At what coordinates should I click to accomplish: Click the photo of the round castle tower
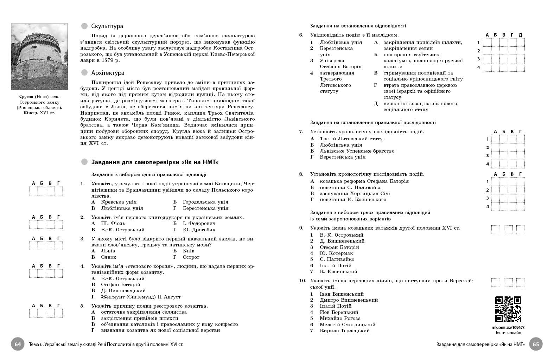click(39, 57)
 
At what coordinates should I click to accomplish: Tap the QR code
click(508, 309)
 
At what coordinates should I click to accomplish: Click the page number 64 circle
click(18, 344)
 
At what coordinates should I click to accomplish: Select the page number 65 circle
click(536, 344)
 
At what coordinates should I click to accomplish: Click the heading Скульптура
click(107, 26)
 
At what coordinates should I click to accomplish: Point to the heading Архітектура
click(108, 73)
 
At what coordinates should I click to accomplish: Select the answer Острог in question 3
click(191, 257)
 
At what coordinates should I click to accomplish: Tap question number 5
click(82, 306)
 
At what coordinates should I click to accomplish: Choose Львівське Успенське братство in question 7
click(357, 151)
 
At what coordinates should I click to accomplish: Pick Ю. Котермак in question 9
click(336, 253)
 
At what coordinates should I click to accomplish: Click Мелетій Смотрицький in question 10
click(347, 324)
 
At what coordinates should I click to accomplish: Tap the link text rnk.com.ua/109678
click(508, 327)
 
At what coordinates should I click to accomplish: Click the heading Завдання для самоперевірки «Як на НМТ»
click(155, 162)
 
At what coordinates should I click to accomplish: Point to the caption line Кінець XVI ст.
click(39, 113)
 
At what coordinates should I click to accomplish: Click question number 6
click(301, 35)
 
